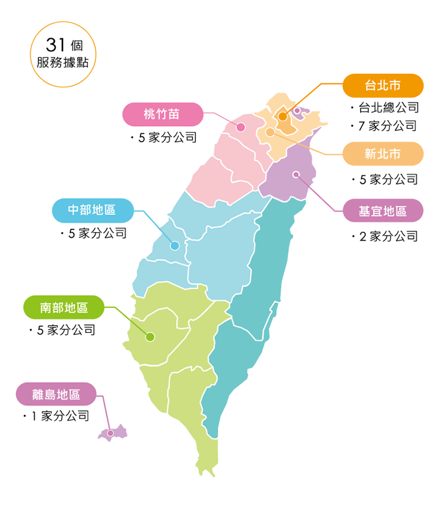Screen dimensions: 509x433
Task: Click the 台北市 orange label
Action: (x=383, y=85)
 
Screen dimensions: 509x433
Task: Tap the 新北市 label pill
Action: (x=383, y=154)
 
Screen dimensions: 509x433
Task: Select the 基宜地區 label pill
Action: (x=383, y=211)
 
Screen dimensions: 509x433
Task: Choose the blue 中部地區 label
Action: (x=92, y=210)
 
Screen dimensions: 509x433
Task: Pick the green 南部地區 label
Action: (x=64, y=307)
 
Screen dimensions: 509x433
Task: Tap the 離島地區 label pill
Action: (x=56, y=394)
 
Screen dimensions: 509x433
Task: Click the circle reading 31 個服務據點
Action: (x=63, y=54)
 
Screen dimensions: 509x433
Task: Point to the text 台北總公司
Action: (x=388, y=107)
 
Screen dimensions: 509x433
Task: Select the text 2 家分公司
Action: (x=388, y=236)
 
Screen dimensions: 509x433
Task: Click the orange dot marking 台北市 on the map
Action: (x=283, y=116)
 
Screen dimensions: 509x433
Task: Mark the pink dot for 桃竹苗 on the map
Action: (x=241, y=127)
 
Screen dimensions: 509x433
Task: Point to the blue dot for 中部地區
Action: (x=175, y=246)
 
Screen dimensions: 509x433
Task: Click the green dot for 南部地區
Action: (x=150, y=337)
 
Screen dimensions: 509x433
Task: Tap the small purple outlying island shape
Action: (x=113, y=432)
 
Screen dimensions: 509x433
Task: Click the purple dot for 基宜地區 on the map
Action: (x=296, y=174)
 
